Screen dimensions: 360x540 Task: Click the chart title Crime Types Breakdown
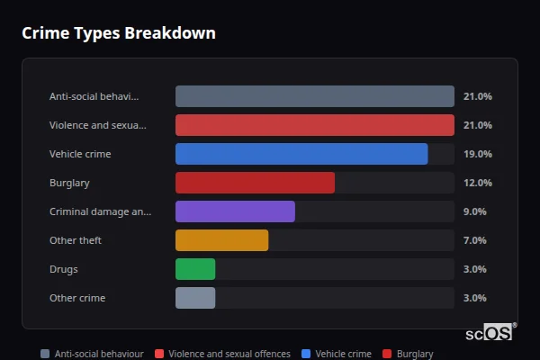click(x=118, y=34)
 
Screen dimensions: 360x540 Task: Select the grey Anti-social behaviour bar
click(x=314, y=96)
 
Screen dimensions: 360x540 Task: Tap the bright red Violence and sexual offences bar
click(x=314, y=125)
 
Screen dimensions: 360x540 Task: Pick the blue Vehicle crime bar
click(x=301, y=154)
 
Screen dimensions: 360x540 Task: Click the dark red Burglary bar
click(x=255, y=183)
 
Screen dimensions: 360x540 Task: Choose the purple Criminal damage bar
click(x=235, y=211)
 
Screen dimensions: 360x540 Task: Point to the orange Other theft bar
click(x=221, y=240)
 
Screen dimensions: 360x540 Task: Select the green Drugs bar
click(x=195, y=269)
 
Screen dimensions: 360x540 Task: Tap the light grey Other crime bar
click(x=195, y=298)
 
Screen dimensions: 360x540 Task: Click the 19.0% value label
click(x=477, y=154)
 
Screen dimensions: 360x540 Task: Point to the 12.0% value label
click(x=477, y=183)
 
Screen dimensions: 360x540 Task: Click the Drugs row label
click(x=64, y=269)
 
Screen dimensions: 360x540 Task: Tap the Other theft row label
click(x=75, y=240)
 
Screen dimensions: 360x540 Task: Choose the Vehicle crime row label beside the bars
click(x=80, y=154)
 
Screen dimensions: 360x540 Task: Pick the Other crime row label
click(x=76, y=298)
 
